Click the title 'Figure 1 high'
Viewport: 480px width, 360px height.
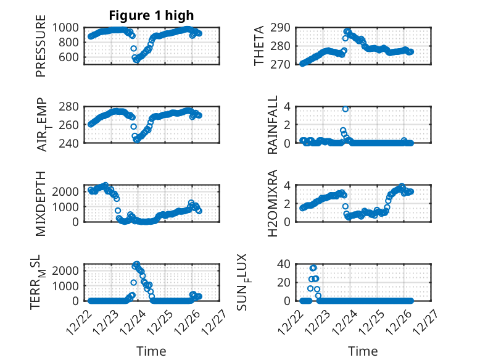(x=151, y=15)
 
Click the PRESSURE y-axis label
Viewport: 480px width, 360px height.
(x=41, y=51)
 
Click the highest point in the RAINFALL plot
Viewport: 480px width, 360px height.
(x=346, y=109)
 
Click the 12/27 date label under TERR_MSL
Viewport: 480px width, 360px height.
(x=220, y=320)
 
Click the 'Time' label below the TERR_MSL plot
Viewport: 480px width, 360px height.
(x=151, y=351)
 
